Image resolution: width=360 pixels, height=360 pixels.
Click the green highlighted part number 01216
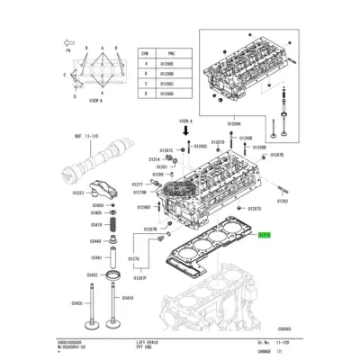(x=264, y=234)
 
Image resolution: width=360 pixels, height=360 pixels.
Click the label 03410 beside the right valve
(x=127, y=298)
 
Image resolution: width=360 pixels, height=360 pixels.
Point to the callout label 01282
(x=282, y=203)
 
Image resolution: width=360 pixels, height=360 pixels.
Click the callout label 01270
(x=133, y=258)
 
